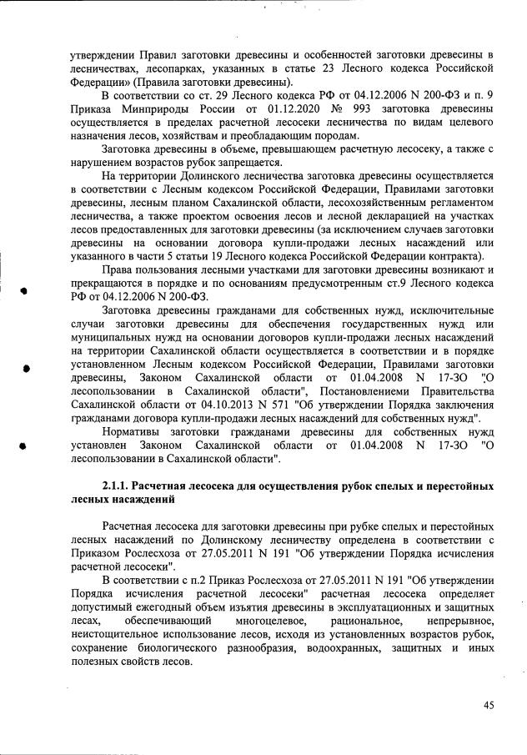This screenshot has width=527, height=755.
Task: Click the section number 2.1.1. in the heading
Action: pyautogui.click(x=118, y=485)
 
